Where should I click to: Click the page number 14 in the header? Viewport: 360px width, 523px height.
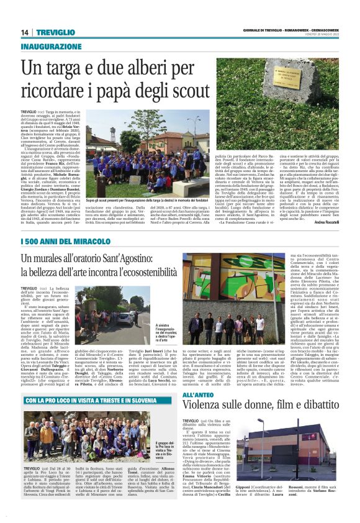tap(25, 32)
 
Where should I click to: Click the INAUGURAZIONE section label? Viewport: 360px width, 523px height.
tap(50, 47)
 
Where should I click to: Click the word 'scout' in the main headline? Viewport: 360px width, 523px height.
tap(192, 88)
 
